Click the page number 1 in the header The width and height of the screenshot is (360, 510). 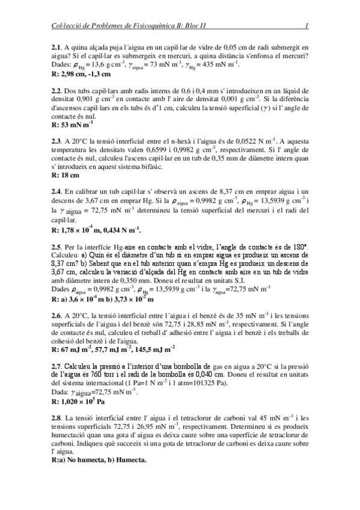tap(307, 25)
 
